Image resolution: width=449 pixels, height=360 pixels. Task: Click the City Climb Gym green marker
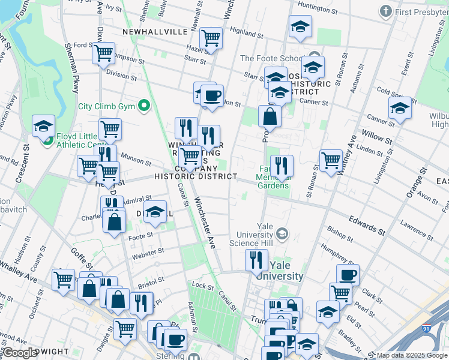143,107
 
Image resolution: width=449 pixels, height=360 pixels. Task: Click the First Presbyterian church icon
386,12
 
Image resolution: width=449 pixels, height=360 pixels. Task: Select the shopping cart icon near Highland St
211,38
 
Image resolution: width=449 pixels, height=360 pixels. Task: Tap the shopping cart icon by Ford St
104,53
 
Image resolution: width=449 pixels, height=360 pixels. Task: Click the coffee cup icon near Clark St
348,275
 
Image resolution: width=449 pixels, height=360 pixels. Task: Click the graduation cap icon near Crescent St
44,126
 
